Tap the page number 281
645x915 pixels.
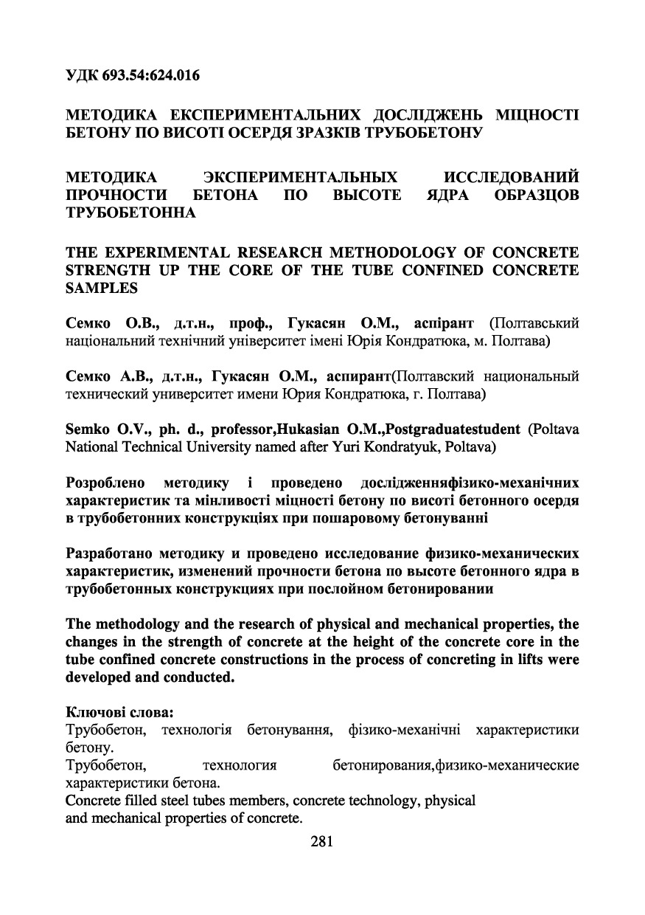pos(323,841)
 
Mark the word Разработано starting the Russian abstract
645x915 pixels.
pos(108,552)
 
